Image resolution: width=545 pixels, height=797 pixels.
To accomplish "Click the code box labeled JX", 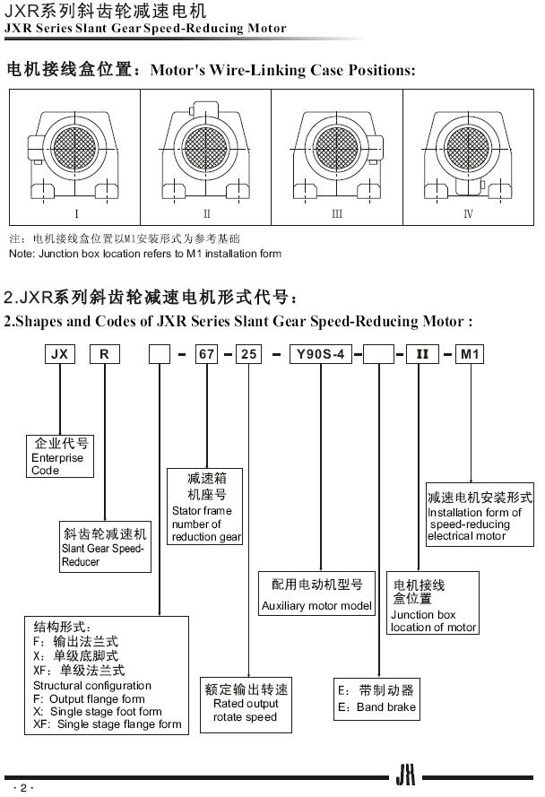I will click(59, 354).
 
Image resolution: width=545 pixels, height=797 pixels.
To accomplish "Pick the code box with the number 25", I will click(249, 354).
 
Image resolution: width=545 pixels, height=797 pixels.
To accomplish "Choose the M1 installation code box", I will click(471, 354).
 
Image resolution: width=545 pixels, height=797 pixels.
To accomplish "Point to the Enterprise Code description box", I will click(58, 456).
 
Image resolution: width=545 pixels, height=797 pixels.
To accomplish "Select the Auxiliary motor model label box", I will click(316, 594).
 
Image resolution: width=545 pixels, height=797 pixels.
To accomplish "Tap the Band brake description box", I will click(377, 699).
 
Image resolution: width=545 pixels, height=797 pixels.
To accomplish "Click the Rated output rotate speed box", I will click(245, 702).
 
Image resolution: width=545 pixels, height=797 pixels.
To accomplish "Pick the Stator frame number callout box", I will click(206, 507).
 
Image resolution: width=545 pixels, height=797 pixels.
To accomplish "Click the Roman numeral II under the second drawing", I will click(206, 214).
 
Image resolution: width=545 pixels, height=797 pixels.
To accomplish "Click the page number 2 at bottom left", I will click(24, 787).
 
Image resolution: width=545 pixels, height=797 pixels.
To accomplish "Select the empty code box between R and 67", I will click(160, 354).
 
